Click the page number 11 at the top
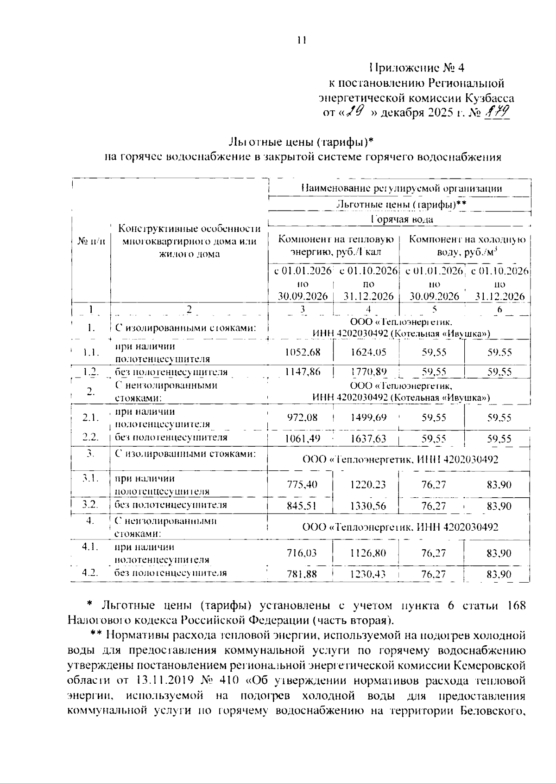point(302,40)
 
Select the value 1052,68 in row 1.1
point(303,353)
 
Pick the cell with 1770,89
point(368,372)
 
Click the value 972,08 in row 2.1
point(303,417)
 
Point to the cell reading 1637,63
point(368,438)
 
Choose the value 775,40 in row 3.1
point(303,485)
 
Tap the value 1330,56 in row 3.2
point(368,506)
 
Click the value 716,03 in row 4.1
point(303,553)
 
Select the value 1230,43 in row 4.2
point(368,574)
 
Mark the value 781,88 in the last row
point(303,574)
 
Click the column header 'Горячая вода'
point(402,219)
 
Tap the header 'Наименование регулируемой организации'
point(402,188)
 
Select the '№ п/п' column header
point(91,241)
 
